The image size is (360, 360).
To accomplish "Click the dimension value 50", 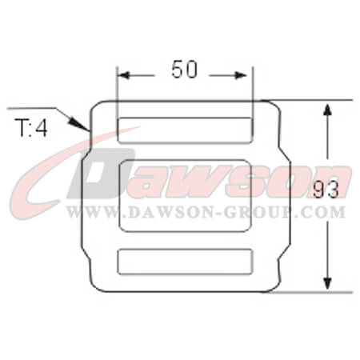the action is pyautogui.click(x=184, y=70).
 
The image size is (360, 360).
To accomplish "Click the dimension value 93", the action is pyautogui.click(x=326, y=190).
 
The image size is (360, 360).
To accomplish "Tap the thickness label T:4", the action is pyautogui.click(x=31, y=128).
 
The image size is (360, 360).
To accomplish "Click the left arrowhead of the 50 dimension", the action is pyautogui.click(x=123, y=75).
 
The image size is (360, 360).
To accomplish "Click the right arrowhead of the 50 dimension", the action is pyautogui.click(x=241, y=75).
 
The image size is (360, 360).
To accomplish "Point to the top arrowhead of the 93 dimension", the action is pyautogui.click(x=327, y=110).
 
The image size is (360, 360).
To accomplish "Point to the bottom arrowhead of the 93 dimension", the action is pyautogui.click(x=327, y=283).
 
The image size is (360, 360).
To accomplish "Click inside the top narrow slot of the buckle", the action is pyautogui.click(x=185, y=130).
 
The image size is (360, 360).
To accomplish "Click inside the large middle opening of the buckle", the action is pyautogui.click(x=185, y=195).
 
